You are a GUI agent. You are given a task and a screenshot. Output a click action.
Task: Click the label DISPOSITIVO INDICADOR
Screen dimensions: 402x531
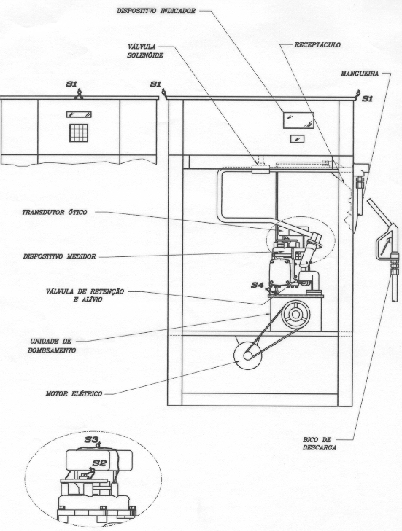coord(156,11)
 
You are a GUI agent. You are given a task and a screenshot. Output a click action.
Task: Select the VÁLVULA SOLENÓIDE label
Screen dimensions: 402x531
coord(145,51)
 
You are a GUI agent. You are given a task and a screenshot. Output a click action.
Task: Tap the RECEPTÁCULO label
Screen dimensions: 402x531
coord(317,44)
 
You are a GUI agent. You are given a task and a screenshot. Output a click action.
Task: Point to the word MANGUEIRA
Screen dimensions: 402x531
coord(360,74)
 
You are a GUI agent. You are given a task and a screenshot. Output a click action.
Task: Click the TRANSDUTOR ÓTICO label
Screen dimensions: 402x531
coord(55,213)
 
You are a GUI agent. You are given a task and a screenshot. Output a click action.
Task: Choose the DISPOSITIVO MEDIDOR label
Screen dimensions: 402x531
coord(60,256)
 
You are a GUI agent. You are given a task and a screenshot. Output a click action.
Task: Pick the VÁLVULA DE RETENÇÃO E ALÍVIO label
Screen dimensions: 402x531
coord(85,295)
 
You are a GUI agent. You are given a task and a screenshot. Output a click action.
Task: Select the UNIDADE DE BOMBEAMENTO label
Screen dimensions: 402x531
coord(51,345)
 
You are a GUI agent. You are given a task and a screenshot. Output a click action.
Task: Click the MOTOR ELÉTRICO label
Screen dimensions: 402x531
coord(74,394)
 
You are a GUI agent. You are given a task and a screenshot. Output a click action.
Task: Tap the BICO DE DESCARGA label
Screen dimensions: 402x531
coord(320,444)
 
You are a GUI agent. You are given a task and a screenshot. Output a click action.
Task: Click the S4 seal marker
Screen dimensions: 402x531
coord(257,285)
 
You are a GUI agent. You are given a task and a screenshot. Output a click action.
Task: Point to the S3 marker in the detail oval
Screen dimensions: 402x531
coord(90,440)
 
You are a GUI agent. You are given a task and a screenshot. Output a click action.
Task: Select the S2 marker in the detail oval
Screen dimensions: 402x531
coord(99,463)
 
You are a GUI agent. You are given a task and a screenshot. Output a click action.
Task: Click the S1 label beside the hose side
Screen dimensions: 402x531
coord(368,99)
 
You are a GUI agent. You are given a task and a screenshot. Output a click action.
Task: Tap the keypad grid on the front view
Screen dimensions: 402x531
coord(79,133)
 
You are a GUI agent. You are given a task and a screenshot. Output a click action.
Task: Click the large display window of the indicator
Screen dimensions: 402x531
coord(298,121)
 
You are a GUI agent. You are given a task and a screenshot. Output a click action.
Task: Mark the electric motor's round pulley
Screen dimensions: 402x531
coord(247,355)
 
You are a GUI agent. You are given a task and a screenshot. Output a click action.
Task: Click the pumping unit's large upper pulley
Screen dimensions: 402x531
coord(295,314)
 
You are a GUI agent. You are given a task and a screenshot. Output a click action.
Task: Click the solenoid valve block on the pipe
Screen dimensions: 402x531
coord(260,169)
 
